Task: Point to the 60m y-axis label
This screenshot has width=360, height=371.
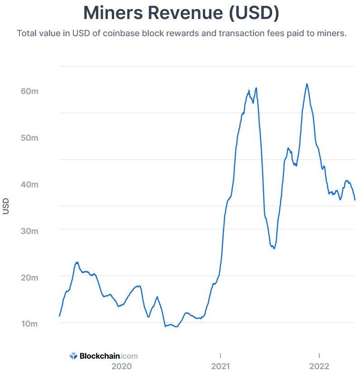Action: (29, 91)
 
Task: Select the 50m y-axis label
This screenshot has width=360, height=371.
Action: (29, 138)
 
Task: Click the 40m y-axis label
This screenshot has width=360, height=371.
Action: (29, 184)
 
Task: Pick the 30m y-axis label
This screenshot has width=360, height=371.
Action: (29, 231)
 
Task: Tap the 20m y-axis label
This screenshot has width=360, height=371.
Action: (29, 277)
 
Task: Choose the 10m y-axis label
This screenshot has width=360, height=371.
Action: (29, 324)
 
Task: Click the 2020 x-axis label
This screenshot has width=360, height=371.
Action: (121, 366)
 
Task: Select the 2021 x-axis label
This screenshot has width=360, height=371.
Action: (221, 366)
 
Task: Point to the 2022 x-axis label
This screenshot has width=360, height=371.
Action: (319, 366)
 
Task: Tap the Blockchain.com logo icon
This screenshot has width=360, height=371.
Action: (74, 356)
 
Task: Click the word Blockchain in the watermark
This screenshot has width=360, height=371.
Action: (100, 356)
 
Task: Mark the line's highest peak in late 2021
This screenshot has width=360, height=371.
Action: (307, 84)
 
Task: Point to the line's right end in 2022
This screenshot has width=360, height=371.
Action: (355, 200)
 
